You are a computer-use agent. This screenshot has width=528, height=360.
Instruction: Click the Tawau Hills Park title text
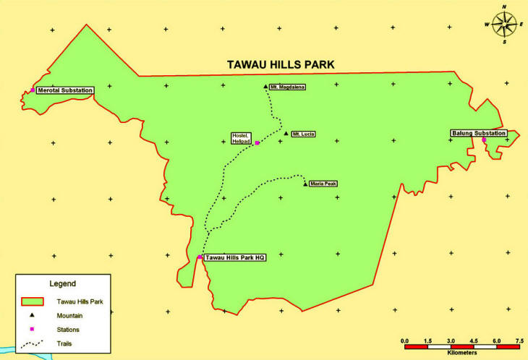coord(281,65)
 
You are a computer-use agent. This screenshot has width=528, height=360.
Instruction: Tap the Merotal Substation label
coord(65,90)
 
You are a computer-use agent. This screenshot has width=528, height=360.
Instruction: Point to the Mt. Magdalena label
coord(288,87)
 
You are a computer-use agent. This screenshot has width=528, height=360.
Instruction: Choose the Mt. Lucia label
coord(303,134)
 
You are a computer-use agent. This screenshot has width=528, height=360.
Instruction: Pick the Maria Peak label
coord(323,184)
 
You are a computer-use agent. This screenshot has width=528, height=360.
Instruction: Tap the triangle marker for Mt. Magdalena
coord(266,86)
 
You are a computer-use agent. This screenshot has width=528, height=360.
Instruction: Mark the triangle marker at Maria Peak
coord(305,184)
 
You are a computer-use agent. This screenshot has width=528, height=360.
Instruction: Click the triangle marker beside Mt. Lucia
coord(286,134)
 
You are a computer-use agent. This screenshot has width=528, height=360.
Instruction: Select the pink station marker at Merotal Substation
coord(33,90)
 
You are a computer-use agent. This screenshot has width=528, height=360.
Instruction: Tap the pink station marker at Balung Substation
coord(485,140)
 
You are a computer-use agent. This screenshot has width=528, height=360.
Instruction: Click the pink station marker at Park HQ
coord(200,257)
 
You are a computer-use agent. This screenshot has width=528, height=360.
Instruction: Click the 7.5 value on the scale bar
coord(519,339)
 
